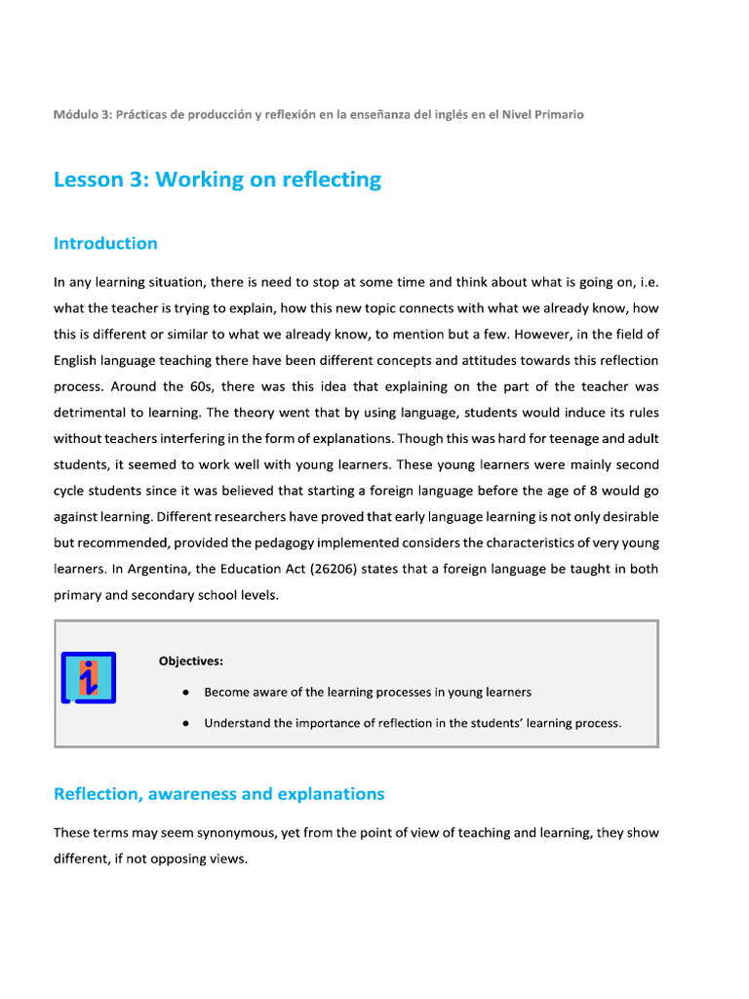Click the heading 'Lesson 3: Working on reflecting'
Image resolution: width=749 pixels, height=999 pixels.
(x=217, y=180)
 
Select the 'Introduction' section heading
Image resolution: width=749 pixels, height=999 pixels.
(x=105, y=243)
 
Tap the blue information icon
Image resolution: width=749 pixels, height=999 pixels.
(x=89, y=677)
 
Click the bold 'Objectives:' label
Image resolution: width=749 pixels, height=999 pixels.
(x=191, y=660)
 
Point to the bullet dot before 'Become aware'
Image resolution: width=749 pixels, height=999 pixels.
(x=185, y=692)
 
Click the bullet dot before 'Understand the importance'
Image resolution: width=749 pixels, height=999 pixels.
(x=185, y=723)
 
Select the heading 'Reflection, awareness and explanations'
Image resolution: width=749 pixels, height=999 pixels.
(x=218, y=794)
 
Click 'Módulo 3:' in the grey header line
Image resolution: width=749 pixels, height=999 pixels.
(x=82, y=114)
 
